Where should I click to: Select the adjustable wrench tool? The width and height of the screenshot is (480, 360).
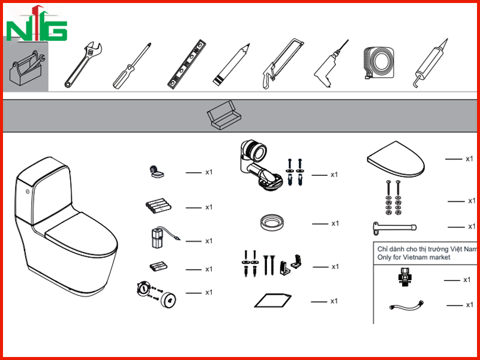pos(83,65)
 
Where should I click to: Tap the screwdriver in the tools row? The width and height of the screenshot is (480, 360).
pos(132,66)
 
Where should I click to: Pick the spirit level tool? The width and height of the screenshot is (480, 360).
pos(187,65)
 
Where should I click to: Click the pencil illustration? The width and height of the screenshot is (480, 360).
pos(232,64)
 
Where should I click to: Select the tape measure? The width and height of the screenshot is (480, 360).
pos(379,63)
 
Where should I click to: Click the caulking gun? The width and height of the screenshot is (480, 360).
pos(430,64)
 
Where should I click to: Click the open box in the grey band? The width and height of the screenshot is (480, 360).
pos(224,116)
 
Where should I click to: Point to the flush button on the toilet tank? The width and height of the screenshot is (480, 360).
pos(28,191)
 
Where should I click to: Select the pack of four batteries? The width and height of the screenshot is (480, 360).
pos(158,206)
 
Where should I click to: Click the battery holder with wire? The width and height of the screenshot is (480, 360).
pos(161,238)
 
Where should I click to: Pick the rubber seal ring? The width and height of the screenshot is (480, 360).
pos(272,222)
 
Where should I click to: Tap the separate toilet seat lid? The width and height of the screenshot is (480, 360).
pos(396,159)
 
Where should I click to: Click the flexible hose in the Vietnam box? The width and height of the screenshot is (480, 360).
pos(407,305)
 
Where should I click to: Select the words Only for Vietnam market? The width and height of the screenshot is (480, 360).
pos(413,257)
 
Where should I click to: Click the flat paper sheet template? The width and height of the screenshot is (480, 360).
pos(273,301)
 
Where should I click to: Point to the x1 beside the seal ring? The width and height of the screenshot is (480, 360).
pos(335,223)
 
